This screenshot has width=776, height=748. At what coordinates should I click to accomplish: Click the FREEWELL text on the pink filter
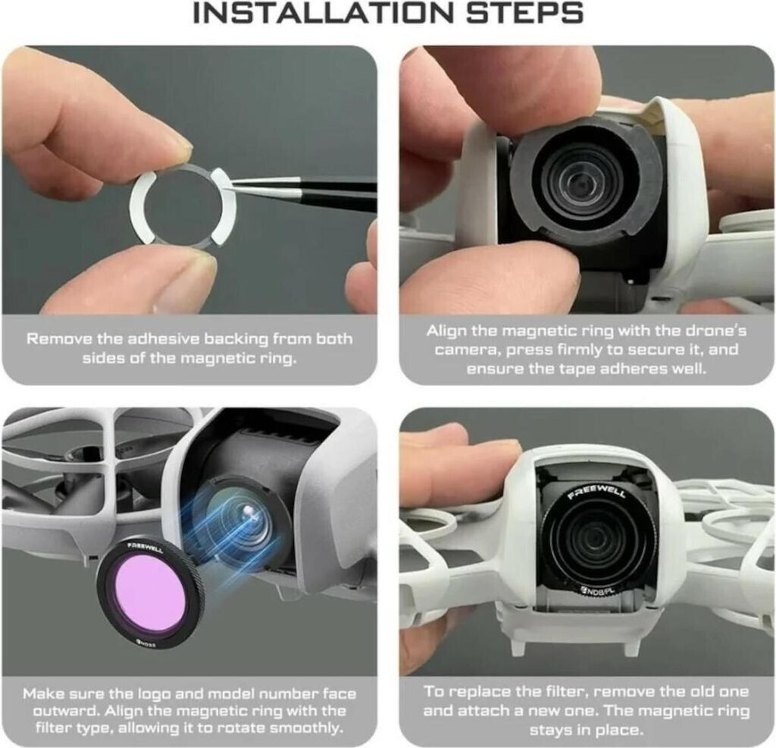click(x=145, y=548)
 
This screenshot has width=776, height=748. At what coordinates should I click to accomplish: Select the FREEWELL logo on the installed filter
click(x=597, y=492)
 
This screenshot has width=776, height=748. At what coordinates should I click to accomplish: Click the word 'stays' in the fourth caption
click(x=550, y=730)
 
